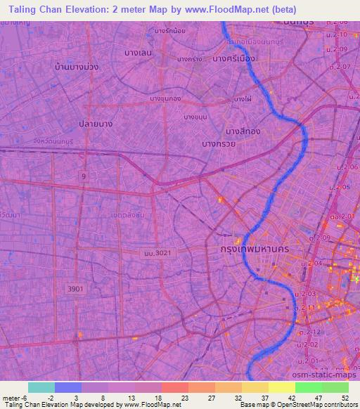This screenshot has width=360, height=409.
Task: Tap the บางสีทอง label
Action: click(243, 131)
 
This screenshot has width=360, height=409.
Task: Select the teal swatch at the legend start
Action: click(41, 387)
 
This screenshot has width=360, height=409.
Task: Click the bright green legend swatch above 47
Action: click(308, 387)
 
